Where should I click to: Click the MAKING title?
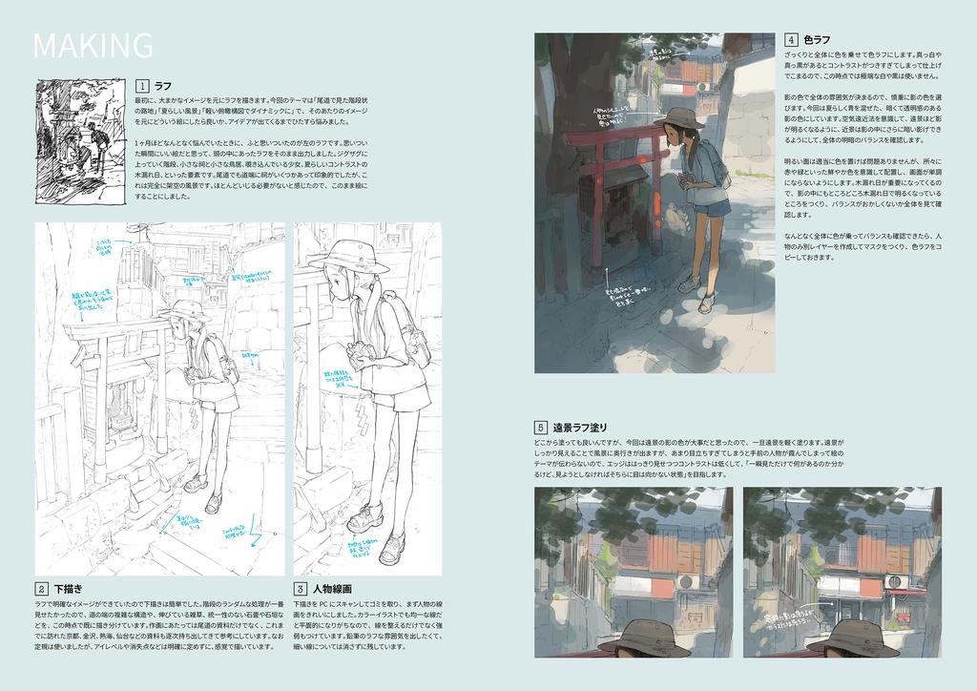pos(93,45)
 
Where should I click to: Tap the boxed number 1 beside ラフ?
pos(142,85)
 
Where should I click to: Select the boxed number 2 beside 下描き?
pos(42,589)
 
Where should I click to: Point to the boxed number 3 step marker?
pos(300,589)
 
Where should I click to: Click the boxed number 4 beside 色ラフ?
pos(791,40)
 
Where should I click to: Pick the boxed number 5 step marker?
pos(540,427)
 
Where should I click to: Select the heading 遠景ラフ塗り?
pos(580,427)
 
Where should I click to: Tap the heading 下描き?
pos(68,589)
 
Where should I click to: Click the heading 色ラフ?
pos(817,40)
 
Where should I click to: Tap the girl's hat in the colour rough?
pos(680,118)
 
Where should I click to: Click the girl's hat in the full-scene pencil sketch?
pos(185,309)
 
